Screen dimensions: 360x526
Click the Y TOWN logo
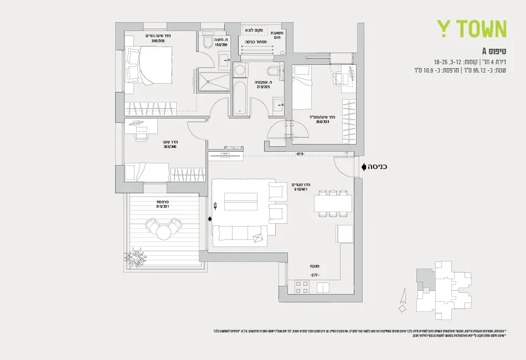point(472,29)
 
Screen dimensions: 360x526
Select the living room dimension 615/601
point(301,189)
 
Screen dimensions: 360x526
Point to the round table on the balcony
point(163,232)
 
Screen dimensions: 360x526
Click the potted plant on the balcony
point(135,258)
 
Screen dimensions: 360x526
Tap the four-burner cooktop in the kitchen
point(302,287)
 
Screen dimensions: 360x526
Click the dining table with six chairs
point(333,204)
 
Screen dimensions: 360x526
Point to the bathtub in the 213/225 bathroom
point(239,97)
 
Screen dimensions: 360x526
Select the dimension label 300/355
point(158,41)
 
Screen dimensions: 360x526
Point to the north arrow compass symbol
point(403,302)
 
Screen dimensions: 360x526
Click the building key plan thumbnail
point(444,287)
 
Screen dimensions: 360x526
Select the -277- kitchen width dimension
point(314,275)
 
